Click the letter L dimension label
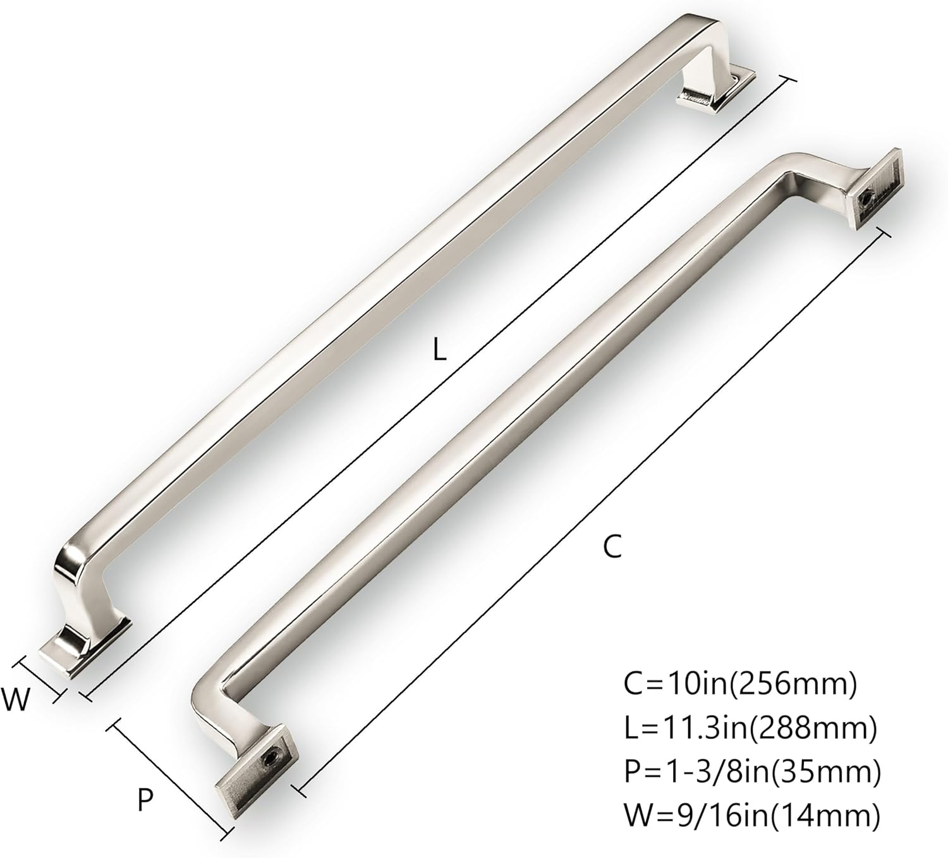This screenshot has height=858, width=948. click(x=439, y=350)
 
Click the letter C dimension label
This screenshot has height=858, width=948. click(x=612, y=546)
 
